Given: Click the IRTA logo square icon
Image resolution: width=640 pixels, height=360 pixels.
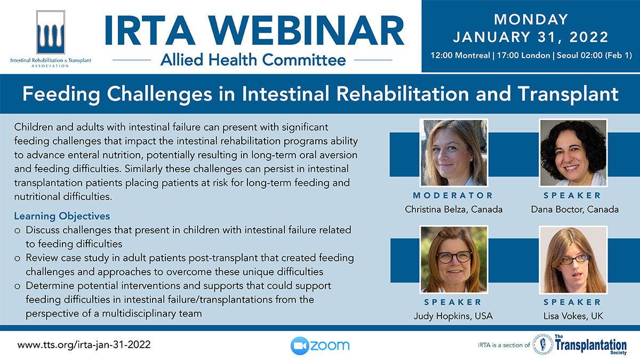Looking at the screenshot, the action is click(51, 33).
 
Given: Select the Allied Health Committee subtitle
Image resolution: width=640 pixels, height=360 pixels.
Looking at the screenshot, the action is click(253, 60).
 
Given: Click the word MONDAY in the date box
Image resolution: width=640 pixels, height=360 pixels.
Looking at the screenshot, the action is click(531, 19).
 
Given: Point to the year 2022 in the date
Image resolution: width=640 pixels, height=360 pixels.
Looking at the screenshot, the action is click(589, 37).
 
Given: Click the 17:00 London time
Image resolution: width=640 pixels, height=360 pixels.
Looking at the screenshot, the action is click(523, 55).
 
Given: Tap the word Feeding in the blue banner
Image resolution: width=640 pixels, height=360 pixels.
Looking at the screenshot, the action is click(61, 94).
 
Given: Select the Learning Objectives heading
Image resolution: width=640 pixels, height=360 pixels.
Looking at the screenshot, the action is click(62, 217).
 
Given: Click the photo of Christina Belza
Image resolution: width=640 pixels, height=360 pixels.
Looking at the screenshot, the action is click(454, 153).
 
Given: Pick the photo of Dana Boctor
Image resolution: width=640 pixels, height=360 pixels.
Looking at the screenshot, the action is click(573, 153).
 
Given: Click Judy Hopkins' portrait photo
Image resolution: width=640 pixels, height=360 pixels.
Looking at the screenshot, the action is click(454, 259).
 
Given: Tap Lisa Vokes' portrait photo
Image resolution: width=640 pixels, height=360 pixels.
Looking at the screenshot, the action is click(573, 259).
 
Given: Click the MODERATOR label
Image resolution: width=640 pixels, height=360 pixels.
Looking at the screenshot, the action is click(453, 195).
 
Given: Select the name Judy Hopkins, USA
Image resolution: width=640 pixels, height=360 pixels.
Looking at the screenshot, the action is click(453, 316).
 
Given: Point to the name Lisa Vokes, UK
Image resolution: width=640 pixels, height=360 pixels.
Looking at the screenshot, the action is click(573, 316).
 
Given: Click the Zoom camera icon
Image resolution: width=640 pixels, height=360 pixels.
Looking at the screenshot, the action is click(299, 346).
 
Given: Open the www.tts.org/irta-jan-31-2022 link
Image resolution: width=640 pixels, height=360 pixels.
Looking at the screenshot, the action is click(84, 345).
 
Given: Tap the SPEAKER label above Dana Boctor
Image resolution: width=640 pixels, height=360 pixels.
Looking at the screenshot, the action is click(573, 195).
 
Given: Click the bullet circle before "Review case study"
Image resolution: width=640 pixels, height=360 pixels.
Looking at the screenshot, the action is click(18, 259).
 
